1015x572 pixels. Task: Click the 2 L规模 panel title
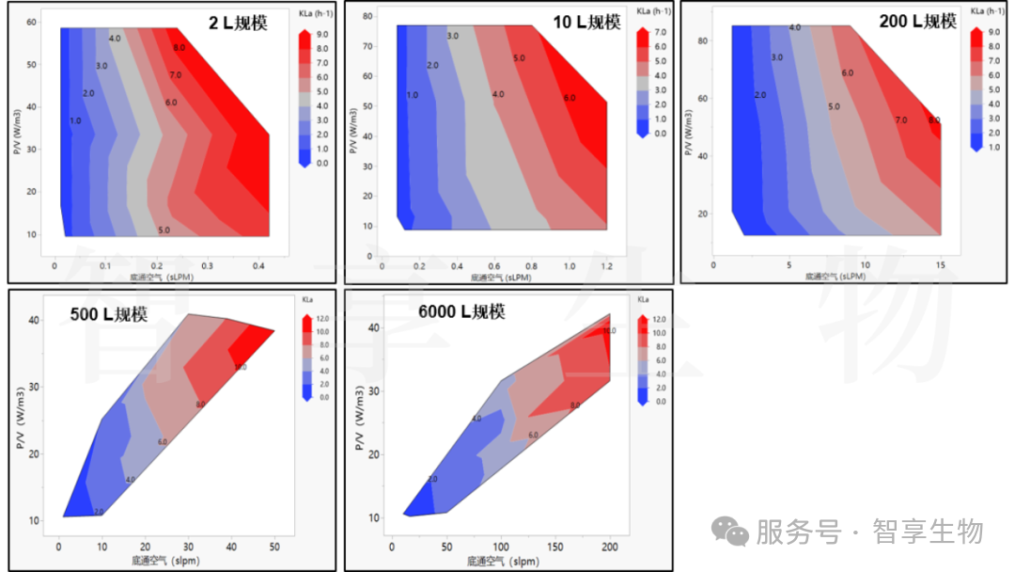[238, 23]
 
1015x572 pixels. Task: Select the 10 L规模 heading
[587, 22]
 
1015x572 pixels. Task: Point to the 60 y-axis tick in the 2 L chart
[31, 21]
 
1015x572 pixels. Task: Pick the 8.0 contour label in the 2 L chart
[179, 47]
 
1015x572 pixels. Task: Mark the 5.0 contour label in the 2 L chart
[164, 230]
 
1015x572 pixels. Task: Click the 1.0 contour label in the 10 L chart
[412, 95]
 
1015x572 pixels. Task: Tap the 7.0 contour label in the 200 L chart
[901, 120]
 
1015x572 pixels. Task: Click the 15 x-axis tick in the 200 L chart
[940, 264]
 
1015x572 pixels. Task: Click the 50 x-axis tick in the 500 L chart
[273, 547]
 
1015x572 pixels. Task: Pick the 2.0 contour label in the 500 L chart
[100, 512]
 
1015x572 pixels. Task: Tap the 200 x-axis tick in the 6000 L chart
[610, 547]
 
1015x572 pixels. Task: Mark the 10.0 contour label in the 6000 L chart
[609, 331]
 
